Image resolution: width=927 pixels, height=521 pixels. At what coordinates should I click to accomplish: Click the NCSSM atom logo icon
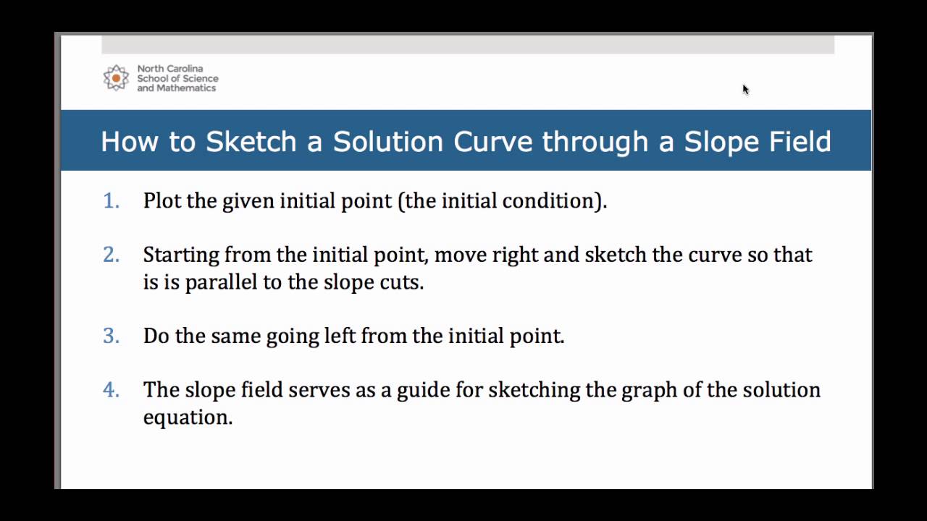click(116, 77)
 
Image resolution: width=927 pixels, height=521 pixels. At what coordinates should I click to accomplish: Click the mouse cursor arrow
click(745, 90)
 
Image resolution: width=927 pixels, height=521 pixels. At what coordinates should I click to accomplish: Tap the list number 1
click(111, 200)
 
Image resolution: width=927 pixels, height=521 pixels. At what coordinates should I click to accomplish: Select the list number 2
click(111, 255)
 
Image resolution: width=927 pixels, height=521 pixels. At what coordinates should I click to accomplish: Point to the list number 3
click(111, 336)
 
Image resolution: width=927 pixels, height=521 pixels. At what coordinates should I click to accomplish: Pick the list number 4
click(111, 390)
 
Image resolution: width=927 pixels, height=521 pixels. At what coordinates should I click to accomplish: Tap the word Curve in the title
click(493, 141)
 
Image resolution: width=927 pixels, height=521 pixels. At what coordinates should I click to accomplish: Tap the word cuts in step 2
click(405, 282)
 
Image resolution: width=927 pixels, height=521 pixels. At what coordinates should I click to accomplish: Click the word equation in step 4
click(187, 418)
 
